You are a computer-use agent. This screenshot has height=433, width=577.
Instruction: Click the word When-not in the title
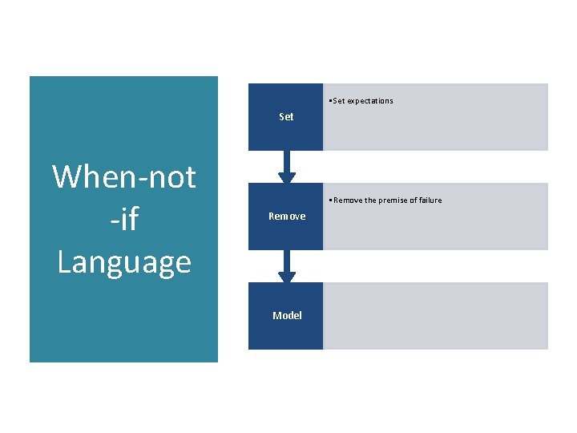click(124, 176)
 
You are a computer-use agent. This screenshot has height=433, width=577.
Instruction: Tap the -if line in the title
click(124, 219)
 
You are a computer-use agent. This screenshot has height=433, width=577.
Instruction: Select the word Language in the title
click(124, 262)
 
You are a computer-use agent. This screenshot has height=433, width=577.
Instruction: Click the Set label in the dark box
click(286, 117)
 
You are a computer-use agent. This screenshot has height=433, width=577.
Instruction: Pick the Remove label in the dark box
click(287, 216)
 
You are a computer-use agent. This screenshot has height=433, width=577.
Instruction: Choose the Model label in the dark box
click(287, 316)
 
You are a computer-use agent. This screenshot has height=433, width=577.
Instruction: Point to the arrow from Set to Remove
click(287, 166)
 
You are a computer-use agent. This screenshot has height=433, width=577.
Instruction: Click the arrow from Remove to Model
click(287, 265)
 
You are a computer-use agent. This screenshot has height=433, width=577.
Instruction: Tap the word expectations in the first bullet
click(370, 101)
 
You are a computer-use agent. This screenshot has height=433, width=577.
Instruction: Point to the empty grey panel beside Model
click(435, 316)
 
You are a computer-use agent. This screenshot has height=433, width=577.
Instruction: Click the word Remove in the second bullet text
click(346, 200)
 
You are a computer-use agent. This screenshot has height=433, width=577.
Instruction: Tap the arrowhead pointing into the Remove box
click(287, 178)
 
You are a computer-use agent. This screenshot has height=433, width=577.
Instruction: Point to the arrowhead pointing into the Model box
click(287, 277)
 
